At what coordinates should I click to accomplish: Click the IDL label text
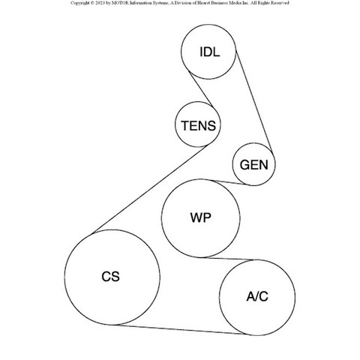click(210, 52)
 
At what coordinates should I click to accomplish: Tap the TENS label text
click(198, 125)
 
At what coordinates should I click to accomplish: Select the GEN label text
click(253, 165)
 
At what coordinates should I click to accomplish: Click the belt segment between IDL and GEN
click(253, 101)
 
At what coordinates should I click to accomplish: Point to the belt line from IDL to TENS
click(201, 89)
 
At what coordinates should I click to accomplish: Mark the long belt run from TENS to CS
click(149, 189)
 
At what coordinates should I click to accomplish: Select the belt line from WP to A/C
click(228, 259)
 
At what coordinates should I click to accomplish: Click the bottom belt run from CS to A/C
click(179, 329)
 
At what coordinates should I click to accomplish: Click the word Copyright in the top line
click(79, 3)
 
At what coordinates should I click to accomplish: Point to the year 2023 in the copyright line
click(100, 3)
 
